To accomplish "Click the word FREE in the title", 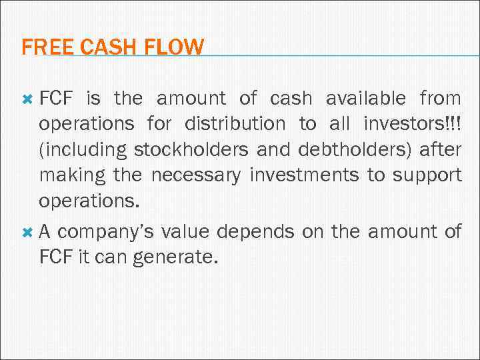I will pyautogui.click(x=39, y=47).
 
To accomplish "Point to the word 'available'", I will pyautogui.click(x=365, y=99).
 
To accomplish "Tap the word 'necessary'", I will pyautogui.click(x=197, y=175).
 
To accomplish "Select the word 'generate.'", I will pyautogui.click(x=175, y=257).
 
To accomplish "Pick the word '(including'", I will pyautogui.click(x=83, y=149).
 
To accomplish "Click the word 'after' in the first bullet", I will pyautogui.click(x=440, y=149).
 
